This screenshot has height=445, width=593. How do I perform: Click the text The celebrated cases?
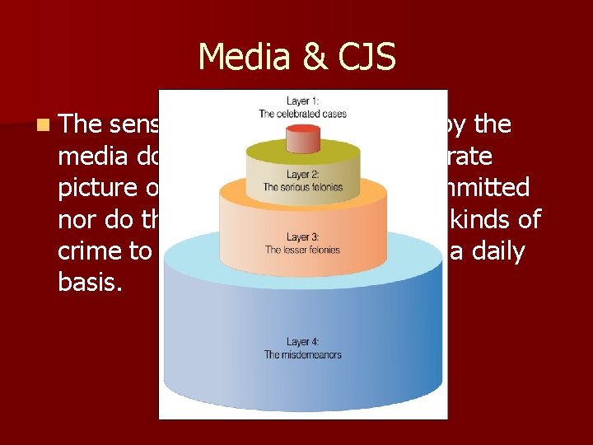302,114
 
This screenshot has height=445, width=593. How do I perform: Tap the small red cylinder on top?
302,141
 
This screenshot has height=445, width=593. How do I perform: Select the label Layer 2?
303,175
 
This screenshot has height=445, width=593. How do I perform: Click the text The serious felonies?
303,187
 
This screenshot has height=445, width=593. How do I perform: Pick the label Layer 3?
303,237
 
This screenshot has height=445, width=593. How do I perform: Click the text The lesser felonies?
303,250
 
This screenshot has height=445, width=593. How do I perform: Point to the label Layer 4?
303,342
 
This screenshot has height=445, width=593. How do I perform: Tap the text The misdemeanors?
303,355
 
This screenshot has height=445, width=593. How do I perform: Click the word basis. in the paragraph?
85,283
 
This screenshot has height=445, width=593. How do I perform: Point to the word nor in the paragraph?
76,220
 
